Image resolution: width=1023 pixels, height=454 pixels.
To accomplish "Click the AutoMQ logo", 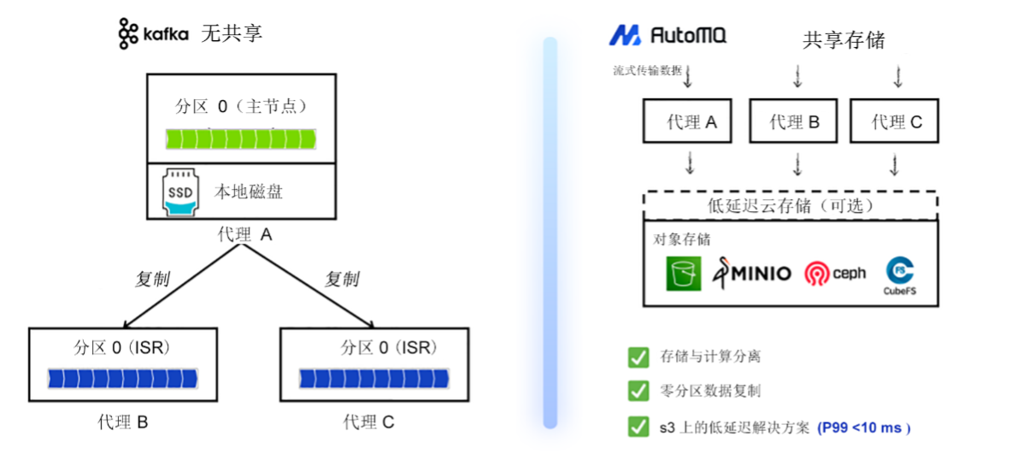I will pyautogui.click(x=667, y=35).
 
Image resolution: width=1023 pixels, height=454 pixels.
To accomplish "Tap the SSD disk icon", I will pyautogui.click(x=180, y=192).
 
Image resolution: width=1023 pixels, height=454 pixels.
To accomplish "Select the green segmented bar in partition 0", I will pyautogui.click(x=240, y=139).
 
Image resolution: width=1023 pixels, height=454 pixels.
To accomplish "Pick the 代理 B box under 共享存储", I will pyautogui.click(x=794, y=121).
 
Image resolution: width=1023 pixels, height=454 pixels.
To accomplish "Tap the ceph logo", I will pyautogui.click(x=834, y=274).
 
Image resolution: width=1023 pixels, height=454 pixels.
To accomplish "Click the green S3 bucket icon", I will pyautogui.click(x=683, y=274).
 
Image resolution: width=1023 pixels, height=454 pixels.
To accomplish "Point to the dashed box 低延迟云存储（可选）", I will pyautogui.click(x=791, y=206).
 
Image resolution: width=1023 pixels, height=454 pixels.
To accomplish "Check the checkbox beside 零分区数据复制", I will pyautogui.click(x=638, y=391).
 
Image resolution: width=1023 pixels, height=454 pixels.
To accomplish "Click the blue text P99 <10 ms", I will pyautogui.click(x=864, y=427).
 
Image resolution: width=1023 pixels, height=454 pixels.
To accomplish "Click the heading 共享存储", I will pyautogui.click(x=843, y=39).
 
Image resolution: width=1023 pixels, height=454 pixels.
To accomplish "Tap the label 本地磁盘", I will pyautogui.click(x=249, y=192).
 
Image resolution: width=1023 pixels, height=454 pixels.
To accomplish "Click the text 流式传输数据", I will pyautogui.click(x=647, y=70).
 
